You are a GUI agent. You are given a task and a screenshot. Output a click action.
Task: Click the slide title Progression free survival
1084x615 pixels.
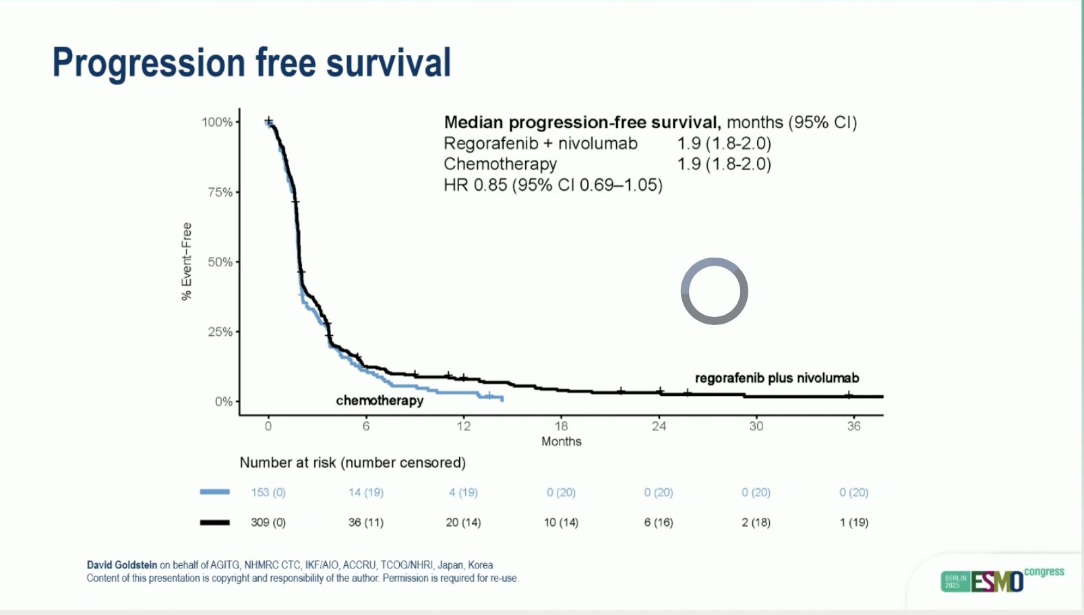tap(251, 63)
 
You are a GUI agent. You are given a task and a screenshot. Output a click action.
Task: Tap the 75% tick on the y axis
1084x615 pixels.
tap(220, 192)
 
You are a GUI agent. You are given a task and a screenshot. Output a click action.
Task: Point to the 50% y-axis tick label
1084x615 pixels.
tap(220, 262)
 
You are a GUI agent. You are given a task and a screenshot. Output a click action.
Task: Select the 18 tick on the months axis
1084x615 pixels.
tap(561, 426)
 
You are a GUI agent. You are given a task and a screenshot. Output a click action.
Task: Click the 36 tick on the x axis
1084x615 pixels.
tap(853, 426)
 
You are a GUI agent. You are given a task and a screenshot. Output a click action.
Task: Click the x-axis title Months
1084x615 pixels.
tap(561, 442)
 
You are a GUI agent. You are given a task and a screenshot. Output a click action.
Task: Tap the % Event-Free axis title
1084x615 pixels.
tap(187, 262)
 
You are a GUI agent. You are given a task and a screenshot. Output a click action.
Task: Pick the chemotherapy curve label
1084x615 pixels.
tap(380, 401)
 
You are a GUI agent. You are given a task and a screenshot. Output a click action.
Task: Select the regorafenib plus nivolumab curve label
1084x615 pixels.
tap(777, 378)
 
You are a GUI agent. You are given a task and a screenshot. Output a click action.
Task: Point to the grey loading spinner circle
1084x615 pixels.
tap(715, 291)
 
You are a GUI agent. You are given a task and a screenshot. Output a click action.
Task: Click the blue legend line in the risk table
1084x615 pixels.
tap(214, 492)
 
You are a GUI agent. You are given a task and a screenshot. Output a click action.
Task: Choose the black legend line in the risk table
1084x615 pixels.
tap(214, 522)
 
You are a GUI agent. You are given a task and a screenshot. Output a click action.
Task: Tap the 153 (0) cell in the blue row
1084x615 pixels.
tap(268, 492)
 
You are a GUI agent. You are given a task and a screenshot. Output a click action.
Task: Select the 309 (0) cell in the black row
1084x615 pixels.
tap(268, 522)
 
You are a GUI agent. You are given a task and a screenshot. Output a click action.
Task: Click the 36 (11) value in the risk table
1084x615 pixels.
tap(365, 522)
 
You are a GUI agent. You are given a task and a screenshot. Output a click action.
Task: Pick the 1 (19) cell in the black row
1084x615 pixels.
tap(853, 522)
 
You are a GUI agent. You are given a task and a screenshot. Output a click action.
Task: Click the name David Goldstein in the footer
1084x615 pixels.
tap(122, 565)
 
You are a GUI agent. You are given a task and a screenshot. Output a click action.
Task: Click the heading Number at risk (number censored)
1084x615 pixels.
tap(353, 463)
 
